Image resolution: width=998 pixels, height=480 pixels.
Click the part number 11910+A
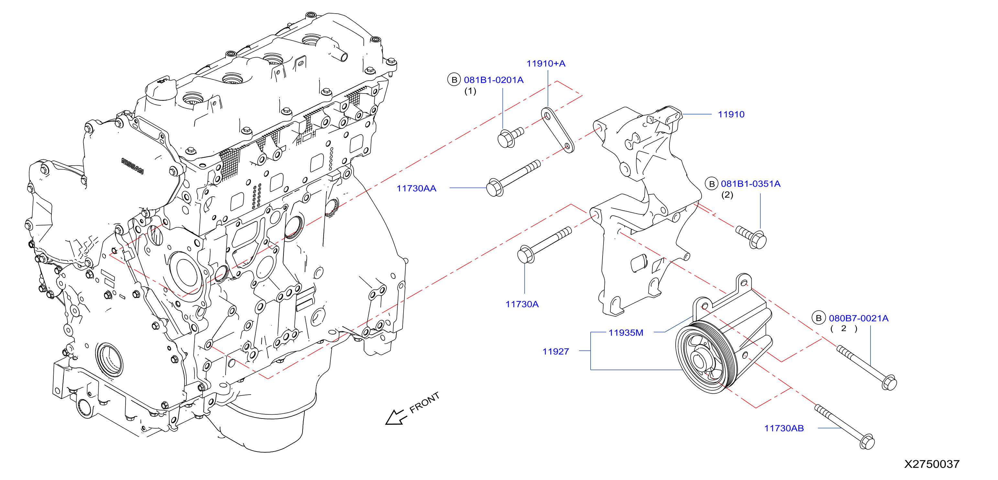tap(546, 63)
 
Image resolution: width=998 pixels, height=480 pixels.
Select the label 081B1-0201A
tap(493, 80)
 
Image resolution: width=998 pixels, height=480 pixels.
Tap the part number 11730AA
tap(416, 189)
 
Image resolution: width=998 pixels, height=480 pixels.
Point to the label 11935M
tap(626, 333)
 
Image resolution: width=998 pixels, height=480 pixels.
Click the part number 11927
tap(556, 352)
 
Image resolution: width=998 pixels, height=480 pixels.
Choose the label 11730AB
tap(784, 428)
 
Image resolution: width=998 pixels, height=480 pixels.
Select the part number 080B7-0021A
tap(859, 318)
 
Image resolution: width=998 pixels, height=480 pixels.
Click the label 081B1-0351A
tap(750, 184)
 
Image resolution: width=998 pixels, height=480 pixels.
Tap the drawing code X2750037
tap(932, 464)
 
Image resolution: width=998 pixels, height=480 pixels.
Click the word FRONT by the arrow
tap(425, 403)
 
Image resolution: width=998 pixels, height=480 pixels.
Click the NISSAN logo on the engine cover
tap(132, 166)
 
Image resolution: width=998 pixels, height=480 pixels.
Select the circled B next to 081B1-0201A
tap(454, 80)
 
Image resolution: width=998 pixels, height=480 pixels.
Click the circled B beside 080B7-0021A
tap(819, 318)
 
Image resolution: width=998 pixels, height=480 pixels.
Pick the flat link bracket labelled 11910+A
tap(558, 130)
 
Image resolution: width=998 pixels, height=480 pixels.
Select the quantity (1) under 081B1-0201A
tap(470, 91)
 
